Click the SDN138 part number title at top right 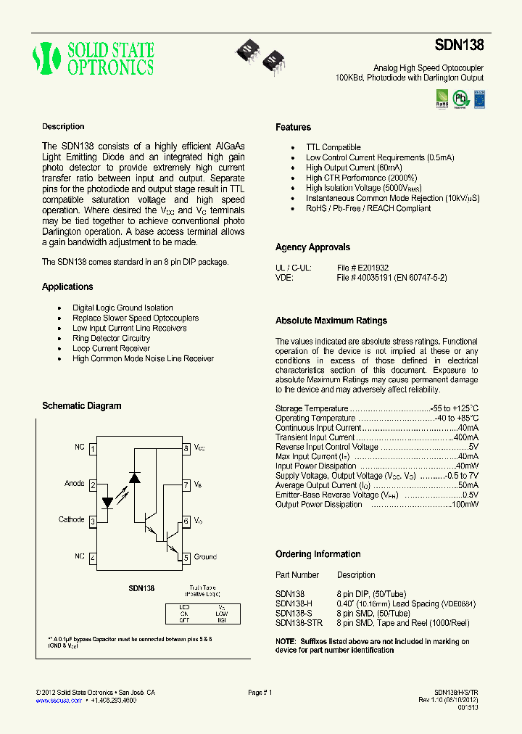tap(459, 45)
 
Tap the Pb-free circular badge tap(460, 98)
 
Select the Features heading tap(293, 128)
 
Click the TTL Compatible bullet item tap(333, 147)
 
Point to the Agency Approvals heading tap(312, 247)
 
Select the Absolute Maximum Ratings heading tap(331, 321)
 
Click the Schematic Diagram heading tap(81, 406)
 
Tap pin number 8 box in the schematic tap(186, 449)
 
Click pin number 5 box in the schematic tap(186, 557)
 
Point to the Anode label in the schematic tap(75, 484)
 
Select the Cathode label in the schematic tap(72, 520)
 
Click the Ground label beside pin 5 tap(205, 557)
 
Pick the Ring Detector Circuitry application tap(111, 338)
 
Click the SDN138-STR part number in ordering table tap(299, 622)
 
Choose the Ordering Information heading tap(318, 554)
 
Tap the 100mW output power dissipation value tap(465, 505)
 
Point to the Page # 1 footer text tap(260, 693)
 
